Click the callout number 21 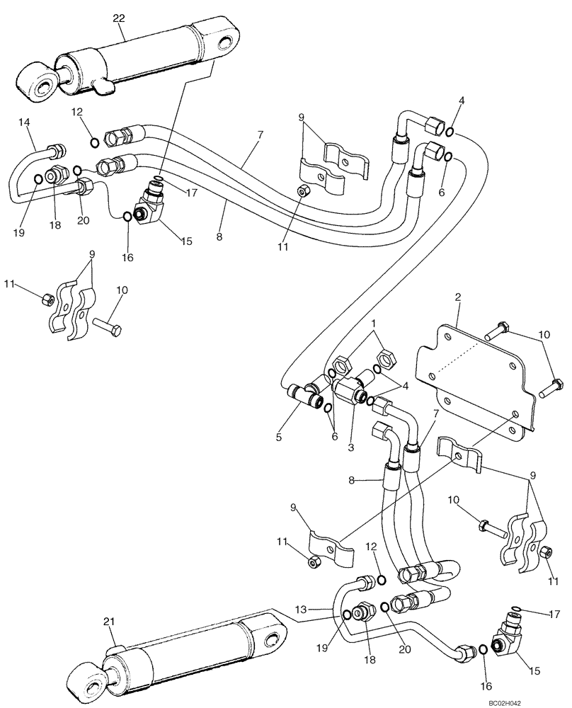[x=108, y=621]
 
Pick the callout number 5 [x=279, y=437]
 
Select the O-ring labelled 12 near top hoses [x=95, y=143]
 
